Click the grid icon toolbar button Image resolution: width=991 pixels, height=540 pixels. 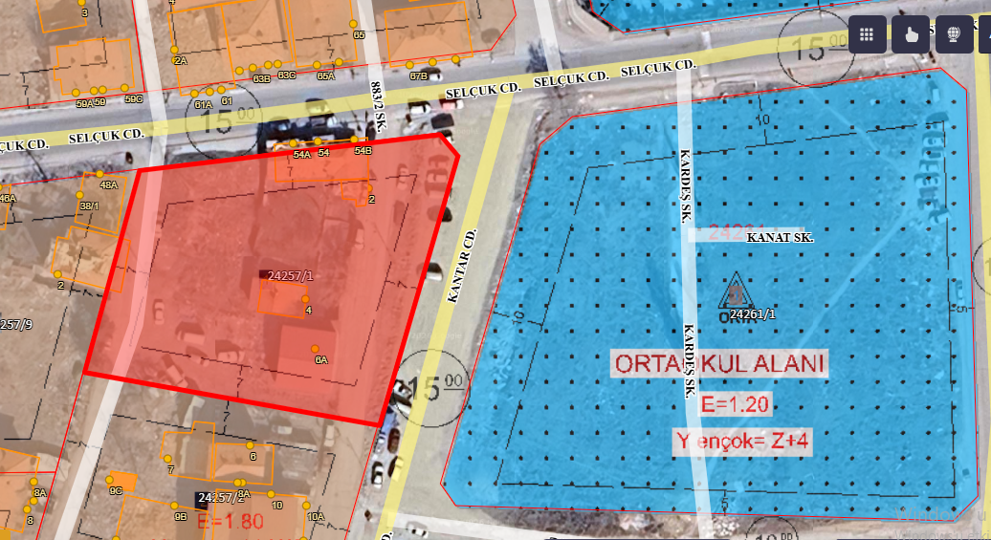click(x=867, y=34)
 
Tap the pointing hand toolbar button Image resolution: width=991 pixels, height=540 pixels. click(x=911, y=34)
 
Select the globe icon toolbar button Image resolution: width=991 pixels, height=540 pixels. click(x=953, y=34)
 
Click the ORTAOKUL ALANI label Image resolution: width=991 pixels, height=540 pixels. click(x=719, y=364)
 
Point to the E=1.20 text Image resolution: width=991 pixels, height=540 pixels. click(x=735, y=404)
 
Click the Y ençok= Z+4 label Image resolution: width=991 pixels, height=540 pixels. click(x=742, y=442)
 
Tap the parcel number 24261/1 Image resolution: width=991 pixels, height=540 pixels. click(x=753, y=313)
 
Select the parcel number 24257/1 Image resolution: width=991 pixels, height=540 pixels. click(x=291, y=275)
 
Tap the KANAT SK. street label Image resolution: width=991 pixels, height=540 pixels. click(x=780, y=237)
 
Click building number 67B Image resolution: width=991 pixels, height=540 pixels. click(x=418, y=76)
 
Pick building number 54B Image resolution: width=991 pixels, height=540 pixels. click(x=363, y=151)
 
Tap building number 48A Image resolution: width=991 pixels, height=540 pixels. click(x=108, y=185)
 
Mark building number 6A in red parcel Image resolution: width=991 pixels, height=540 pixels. click(x=321, y=360)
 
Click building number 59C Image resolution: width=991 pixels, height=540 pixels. click(x=133, y=98)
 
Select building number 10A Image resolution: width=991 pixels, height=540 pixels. click(x=316, y=516)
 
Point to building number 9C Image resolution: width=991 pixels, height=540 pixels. click(x=115, y=489)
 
